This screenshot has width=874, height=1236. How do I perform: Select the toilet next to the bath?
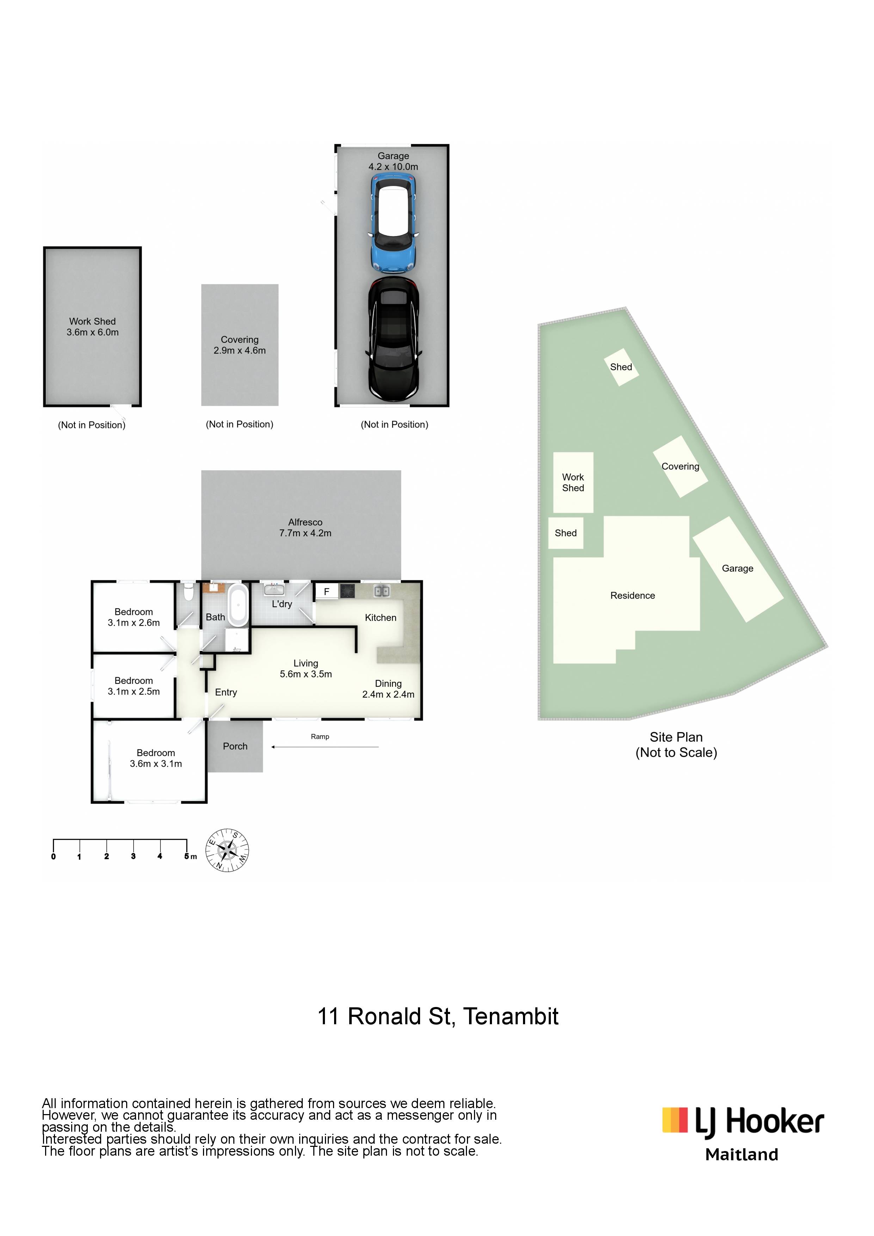(x=188, y=591)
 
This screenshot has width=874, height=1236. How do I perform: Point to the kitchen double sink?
(x=382, y=591)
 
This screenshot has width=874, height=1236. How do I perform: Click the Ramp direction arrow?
(x=325, y=747)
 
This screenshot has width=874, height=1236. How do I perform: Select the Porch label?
(x=235, y=746)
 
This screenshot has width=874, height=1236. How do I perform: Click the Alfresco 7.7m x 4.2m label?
(x=305, y=527)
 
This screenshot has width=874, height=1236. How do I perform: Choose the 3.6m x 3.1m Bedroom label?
(x=156, y=758)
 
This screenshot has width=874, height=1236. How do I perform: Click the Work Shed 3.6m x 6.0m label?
(x=93, y=327)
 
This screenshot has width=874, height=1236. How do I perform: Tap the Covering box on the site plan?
(x=680, y=467)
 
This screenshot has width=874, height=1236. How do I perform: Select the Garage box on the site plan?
(x=738, y=569)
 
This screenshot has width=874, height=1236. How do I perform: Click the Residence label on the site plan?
(x=633, y=595)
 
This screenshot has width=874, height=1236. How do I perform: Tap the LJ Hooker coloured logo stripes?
(x=675, y=1120)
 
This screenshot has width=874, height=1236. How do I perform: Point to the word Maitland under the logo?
(x=741, y=1154)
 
